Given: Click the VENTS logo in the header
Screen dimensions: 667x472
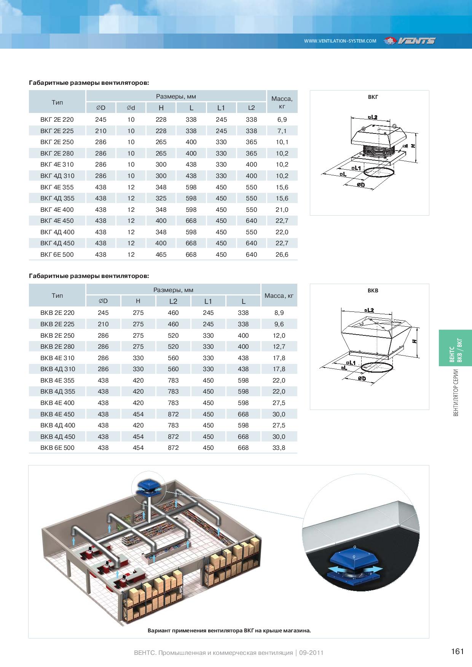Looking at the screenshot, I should pos(410,41).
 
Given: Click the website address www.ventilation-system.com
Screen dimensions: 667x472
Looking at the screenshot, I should pos(340,41).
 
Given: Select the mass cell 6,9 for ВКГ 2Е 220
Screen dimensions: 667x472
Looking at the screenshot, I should pos(282,119).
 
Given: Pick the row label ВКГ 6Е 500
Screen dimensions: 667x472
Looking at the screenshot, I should pos(57,254).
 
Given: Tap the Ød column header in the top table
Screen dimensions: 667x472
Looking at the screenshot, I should pos(131,108).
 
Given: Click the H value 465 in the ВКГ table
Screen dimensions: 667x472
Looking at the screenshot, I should pos(161,254).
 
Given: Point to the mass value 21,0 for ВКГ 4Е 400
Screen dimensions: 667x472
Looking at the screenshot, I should pos(282,210).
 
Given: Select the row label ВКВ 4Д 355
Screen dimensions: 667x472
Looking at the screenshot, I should pos(57,391).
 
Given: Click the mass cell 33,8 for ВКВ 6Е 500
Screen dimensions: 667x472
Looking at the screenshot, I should pos(279,448).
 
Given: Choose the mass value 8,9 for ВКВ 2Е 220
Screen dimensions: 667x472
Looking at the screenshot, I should pos(279,313).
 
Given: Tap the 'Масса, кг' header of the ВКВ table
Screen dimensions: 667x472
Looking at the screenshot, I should pos(279,295).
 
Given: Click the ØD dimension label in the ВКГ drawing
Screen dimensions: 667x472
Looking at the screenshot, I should pos(361,185).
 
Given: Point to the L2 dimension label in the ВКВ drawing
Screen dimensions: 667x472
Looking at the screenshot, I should pos(369,310).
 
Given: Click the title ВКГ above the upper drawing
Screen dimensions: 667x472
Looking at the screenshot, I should pos(373,97).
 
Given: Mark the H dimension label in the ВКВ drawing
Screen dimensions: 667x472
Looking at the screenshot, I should pos(415,341).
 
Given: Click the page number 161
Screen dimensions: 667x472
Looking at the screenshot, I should pos(457,651).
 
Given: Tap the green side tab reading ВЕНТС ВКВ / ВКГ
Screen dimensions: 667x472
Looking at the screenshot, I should pos(455,348).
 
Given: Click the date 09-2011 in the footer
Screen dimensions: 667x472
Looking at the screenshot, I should pos(311,653).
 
